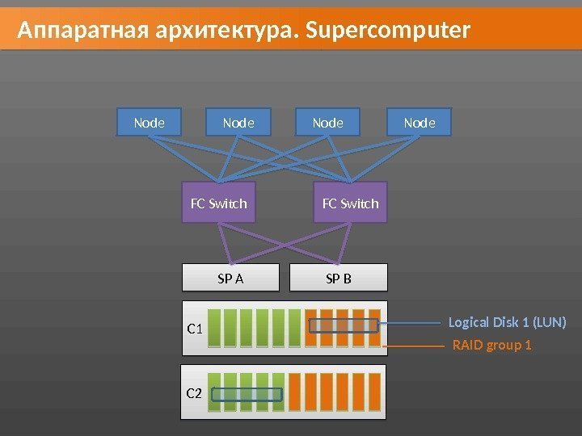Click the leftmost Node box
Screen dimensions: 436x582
(x=149, y=124)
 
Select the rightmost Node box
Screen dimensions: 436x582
(x=419, y=124)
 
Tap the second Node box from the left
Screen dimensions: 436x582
(x=238, y=124)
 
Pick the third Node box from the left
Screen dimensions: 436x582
(x=327, y=124)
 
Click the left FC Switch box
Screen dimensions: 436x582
(x=218, y=203)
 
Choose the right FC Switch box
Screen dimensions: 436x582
(x=350, y=203)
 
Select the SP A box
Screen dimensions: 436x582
(x=230, y=279)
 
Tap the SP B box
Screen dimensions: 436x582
(x=338, y=279)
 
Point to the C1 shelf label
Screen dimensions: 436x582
(x=195, y=329)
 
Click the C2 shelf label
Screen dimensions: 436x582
(x=194, y=393)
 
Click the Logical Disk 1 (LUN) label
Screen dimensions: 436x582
(x=507, y=323)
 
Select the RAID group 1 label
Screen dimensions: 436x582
(x=491, y=346)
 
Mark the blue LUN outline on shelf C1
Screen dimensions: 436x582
(x=344, y=325)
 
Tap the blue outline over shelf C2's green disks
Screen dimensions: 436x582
(x=247, y=395)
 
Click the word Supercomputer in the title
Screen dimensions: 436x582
(x=389, y=31)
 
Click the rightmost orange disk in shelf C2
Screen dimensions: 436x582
(x=374, y=392)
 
